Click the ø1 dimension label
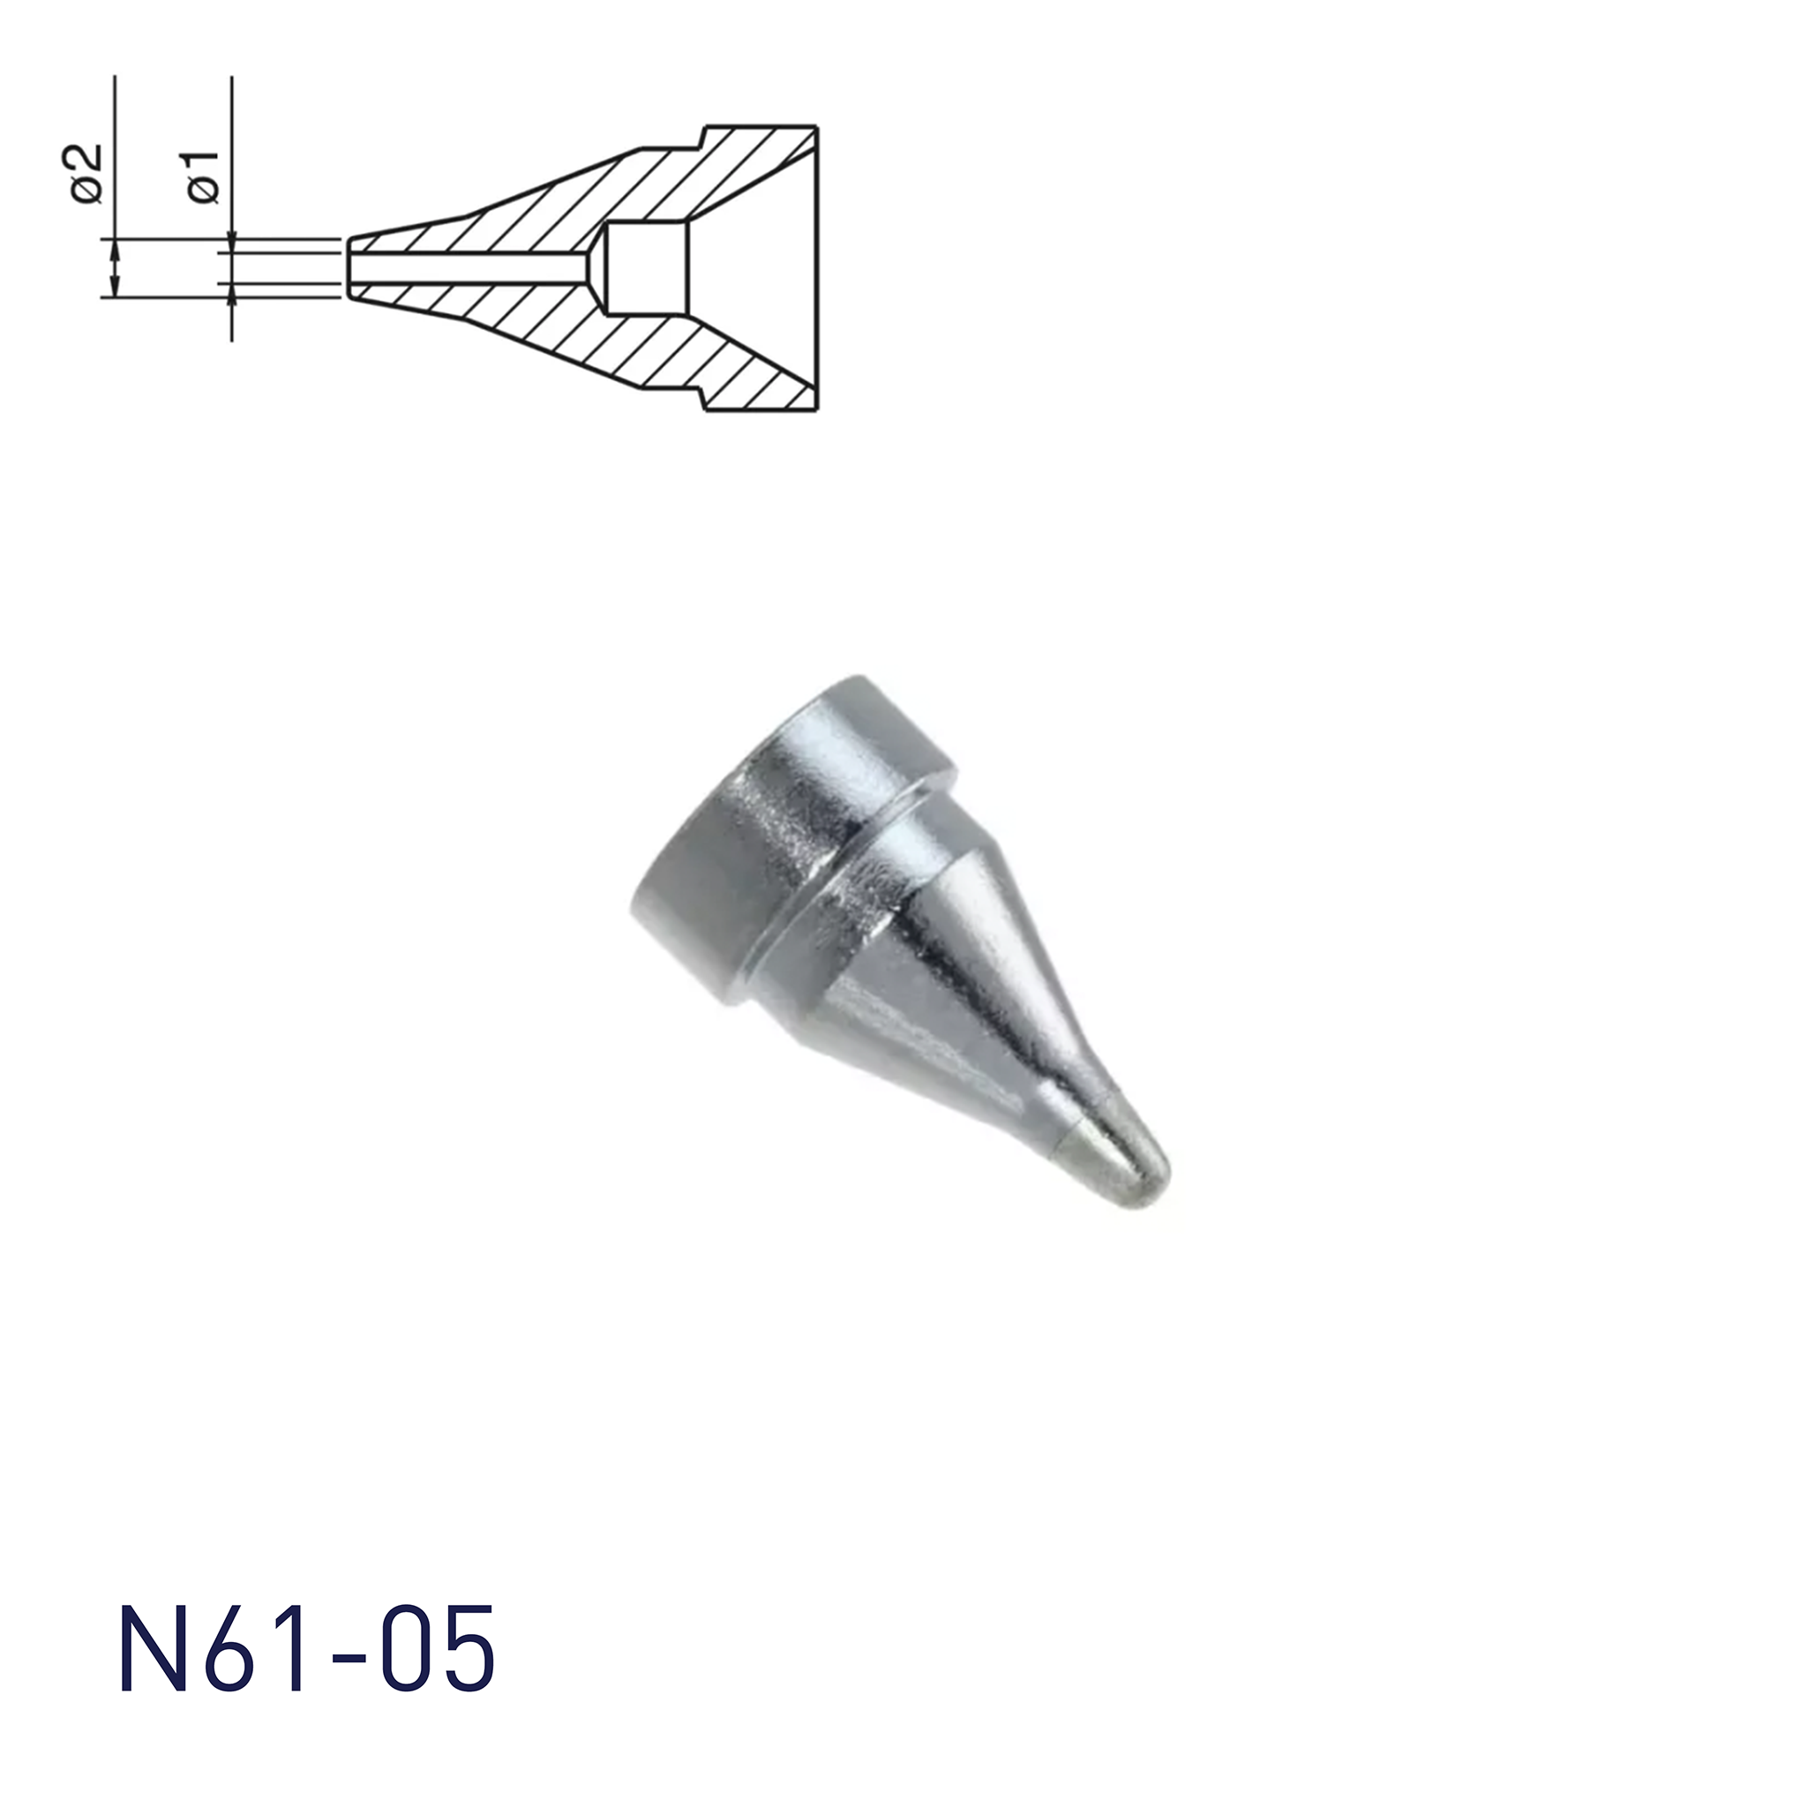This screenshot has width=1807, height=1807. point(203,176)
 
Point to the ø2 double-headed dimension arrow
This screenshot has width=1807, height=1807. point(115,267)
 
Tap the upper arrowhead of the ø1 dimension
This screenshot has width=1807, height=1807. point(231,244)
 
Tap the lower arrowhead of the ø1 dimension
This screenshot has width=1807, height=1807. point(231,291)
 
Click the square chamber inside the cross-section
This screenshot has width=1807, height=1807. point(649,267)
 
